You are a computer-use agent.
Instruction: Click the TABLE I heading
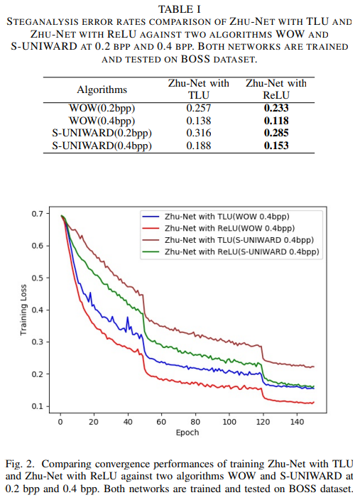179,8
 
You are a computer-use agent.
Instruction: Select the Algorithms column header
102,90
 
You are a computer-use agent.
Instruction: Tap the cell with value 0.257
199,108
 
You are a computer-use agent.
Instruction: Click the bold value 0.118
276,121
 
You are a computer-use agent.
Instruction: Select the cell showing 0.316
199,133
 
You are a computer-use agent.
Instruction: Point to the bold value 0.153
276,146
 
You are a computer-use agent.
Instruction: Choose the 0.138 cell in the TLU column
199,121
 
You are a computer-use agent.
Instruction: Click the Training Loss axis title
23,310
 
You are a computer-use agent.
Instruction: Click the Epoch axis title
187,433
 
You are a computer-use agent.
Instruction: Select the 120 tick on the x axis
262,422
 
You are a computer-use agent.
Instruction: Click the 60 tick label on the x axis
161,422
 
